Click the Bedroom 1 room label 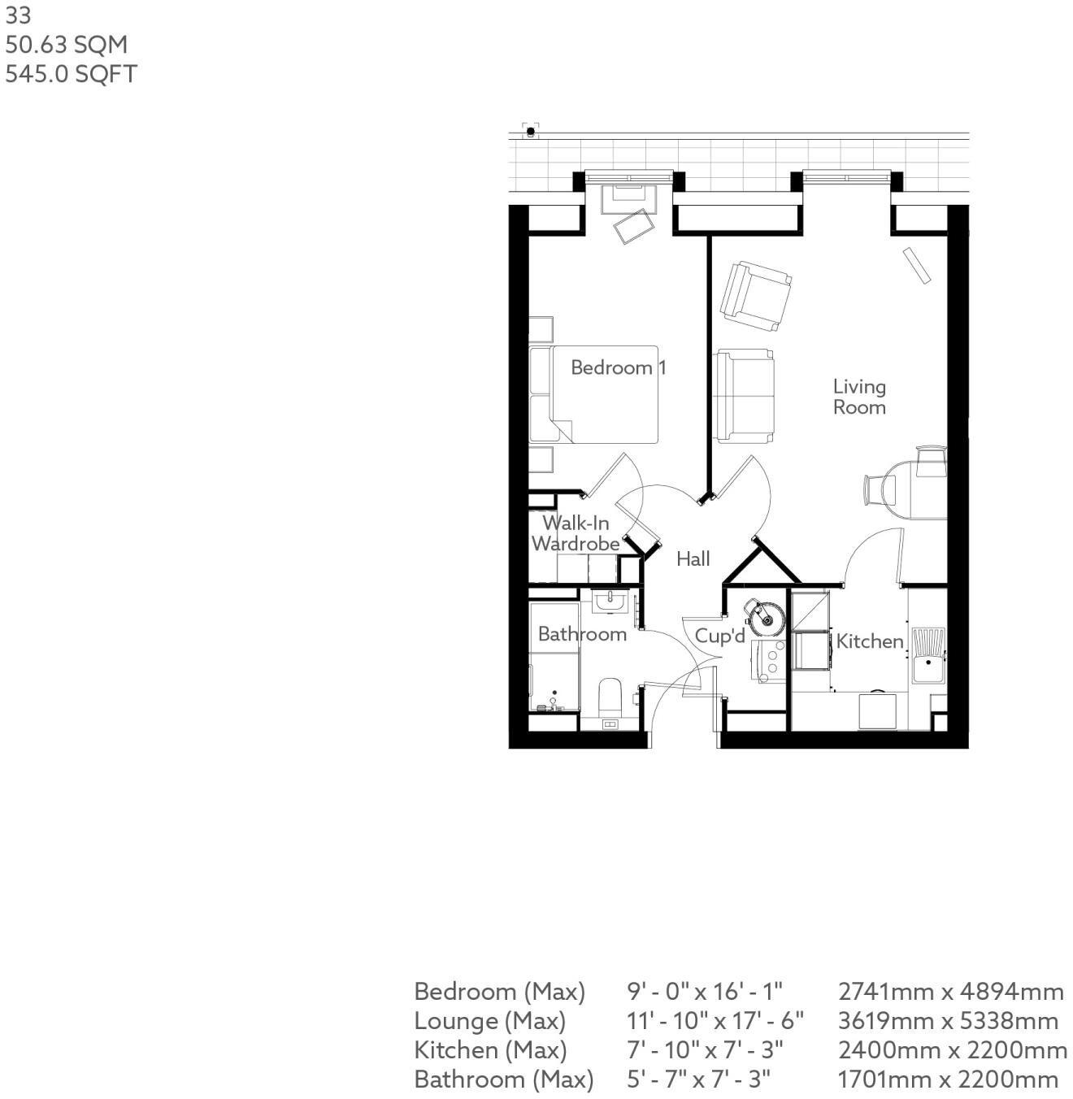[x=618, y=367]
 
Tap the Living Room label [x=859, y=397]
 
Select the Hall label [x=693, y=558]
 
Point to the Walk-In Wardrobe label [x=576, y=533]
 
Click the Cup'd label [x=719, y=636]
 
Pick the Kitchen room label [x=869, y=641]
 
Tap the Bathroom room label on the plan [x=582, y=634]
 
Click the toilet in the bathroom [x=610, y=697]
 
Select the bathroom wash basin [x=609, y=602]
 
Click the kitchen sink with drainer [x=928, y=655]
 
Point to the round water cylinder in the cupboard [x=765, y=618]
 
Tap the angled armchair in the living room [x=755, y=296]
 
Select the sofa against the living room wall [x=744, y=396]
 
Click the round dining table [x=914, y=489]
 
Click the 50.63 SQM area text [x=67, y=45]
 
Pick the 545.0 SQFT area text [x=72, y=74]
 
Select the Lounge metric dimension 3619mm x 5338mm [x=948, y=1021]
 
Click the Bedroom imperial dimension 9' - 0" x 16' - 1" [x=704, y=992]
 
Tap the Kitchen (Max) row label [x=490, y=1050]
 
